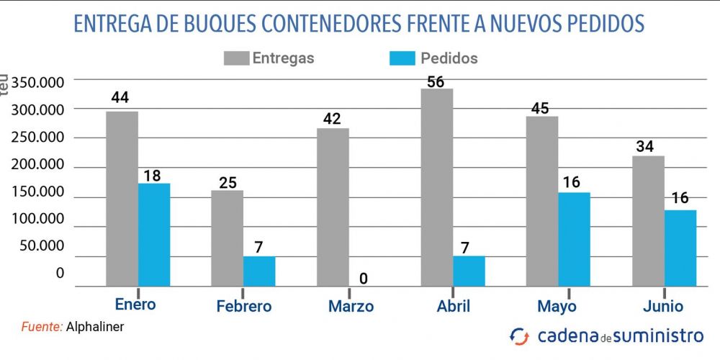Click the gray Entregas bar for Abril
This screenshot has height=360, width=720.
tap(437, 187)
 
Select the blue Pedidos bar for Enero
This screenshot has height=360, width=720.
tap(154, 235)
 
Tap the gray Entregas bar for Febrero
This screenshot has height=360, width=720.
tap(228, 238)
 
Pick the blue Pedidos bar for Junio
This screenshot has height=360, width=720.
tap(680, 248)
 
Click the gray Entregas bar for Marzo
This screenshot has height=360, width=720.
tap(333, 207)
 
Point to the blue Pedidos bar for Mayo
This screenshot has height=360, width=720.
tap(575, 239)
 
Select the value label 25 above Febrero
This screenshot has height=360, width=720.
tap(228, 182)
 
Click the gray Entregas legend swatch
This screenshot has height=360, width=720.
tap(235, 58)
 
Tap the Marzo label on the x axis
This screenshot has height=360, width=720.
tap(351, 306)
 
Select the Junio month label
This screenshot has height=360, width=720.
tap(662, 306)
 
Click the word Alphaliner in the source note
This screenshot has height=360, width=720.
tap(95, 326)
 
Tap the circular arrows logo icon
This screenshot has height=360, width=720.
tap(519, 336)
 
